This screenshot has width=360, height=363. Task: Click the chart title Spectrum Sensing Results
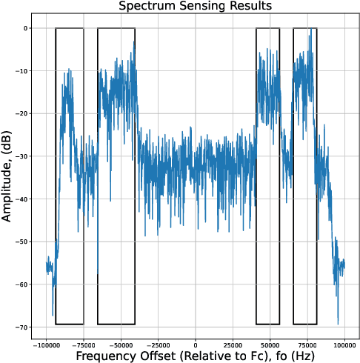tap(196, 7)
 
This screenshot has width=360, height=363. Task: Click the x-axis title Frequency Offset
tap(196, 356)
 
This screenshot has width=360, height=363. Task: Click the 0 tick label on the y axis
tap(24, 28)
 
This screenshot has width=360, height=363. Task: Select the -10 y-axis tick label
tap(21, 71)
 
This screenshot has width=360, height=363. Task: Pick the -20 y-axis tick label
tap(21, 113)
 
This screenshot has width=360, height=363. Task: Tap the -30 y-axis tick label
tap(21, 156)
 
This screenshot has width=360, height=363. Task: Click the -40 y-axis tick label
tap(21, 199)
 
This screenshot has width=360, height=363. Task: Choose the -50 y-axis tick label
tap(21, 242)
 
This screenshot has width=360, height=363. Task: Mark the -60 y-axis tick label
tap(21, 284)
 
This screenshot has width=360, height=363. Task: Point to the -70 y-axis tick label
tap(21, 327)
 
